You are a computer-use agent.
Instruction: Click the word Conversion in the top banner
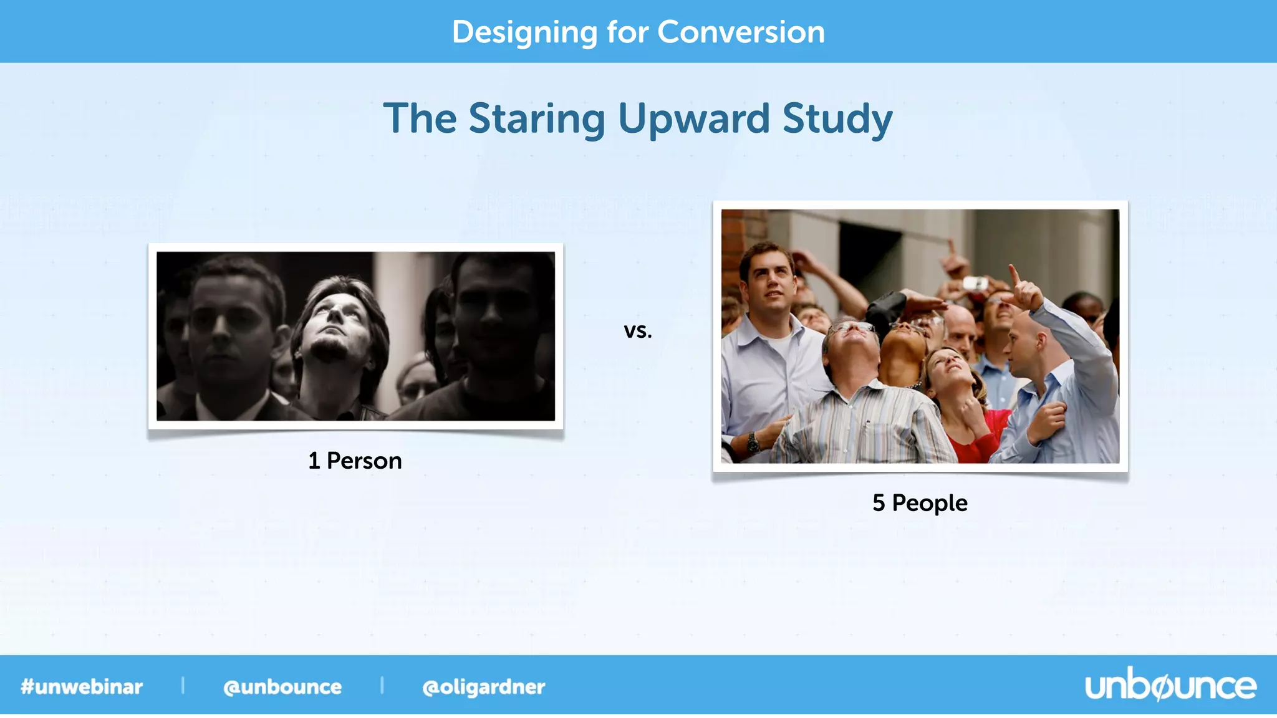tap(741, 32)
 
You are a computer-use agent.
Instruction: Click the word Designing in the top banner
tap(524, 32)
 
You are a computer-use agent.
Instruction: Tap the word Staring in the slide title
tap(536, 118)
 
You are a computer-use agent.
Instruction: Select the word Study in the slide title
tap(837, 118)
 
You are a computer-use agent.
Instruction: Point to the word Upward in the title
tap(693, 118)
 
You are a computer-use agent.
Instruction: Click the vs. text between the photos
tap(637, 330)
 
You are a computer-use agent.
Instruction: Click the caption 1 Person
tap(355, 461)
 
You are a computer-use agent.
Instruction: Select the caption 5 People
tap(920, 502)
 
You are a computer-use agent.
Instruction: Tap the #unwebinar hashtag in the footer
tap(82, 686)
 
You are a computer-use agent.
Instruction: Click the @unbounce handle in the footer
tap(282, 686)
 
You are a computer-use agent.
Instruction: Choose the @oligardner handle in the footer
tap(484, 686)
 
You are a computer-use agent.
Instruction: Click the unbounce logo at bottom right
tap(1170, 686)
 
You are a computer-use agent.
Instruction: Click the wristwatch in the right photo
tap(753, 442)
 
